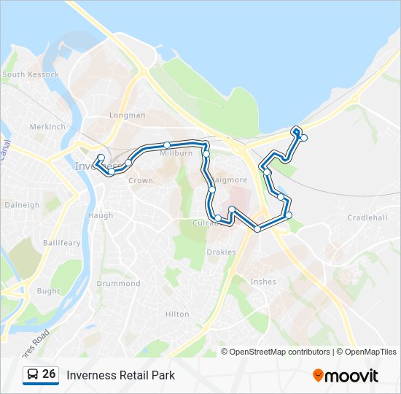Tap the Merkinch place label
[47, 126]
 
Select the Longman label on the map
[127, 115]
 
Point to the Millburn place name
[176, 154]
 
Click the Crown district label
[141, 180]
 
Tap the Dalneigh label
[22, 205]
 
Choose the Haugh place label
[101, 215]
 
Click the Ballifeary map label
[61, 242]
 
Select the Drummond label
[118, 283]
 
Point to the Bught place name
[48, 291]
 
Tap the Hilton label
[177, 314]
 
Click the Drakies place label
[221, 252]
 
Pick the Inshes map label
[262, 281]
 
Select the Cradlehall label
[367, 217]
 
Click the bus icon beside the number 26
[33, 375]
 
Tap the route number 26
[49, 374]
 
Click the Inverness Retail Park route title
[121, 376]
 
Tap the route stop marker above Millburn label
[167, 144]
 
